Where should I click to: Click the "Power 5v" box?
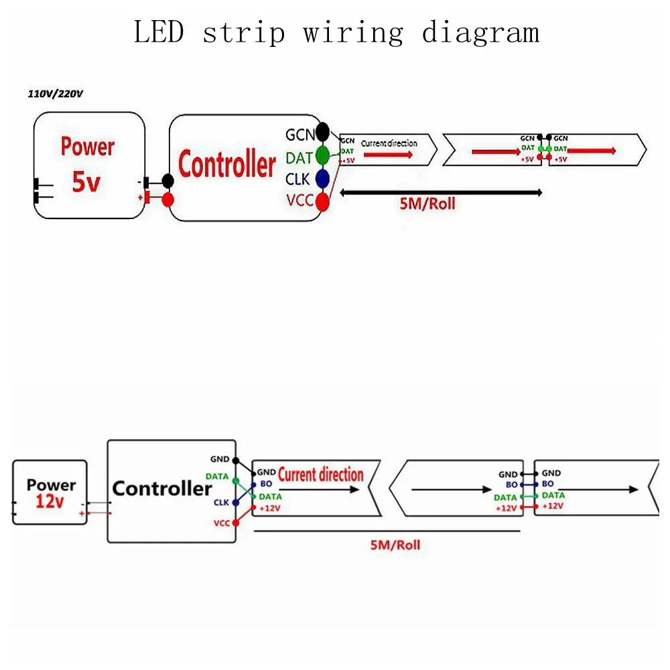point(89,165)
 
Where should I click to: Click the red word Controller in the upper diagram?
point(226,165)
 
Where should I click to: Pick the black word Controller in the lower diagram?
point(161,488)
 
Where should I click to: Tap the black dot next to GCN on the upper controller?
point(323,131)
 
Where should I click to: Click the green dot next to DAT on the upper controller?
point(323,155)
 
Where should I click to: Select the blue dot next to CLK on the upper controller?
point(323,178)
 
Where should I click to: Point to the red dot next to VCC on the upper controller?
point(323,200)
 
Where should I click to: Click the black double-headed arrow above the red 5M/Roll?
point(441,193)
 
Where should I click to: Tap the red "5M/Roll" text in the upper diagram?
point(427,204)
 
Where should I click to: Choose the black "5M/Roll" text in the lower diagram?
point(395,545)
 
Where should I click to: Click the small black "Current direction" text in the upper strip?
point(389,143)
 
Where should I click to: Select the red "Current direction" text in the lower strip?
point(320,475)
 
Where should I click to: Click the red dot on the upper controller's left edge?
point(168,199)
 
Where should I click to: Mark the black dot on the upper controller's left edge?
point(168,181)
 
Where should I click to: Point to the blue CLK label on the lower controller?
point(222,502)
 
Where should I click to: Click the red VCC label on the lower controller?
point(222,523)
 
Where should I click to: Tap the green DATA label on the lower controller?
point(217,476)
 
